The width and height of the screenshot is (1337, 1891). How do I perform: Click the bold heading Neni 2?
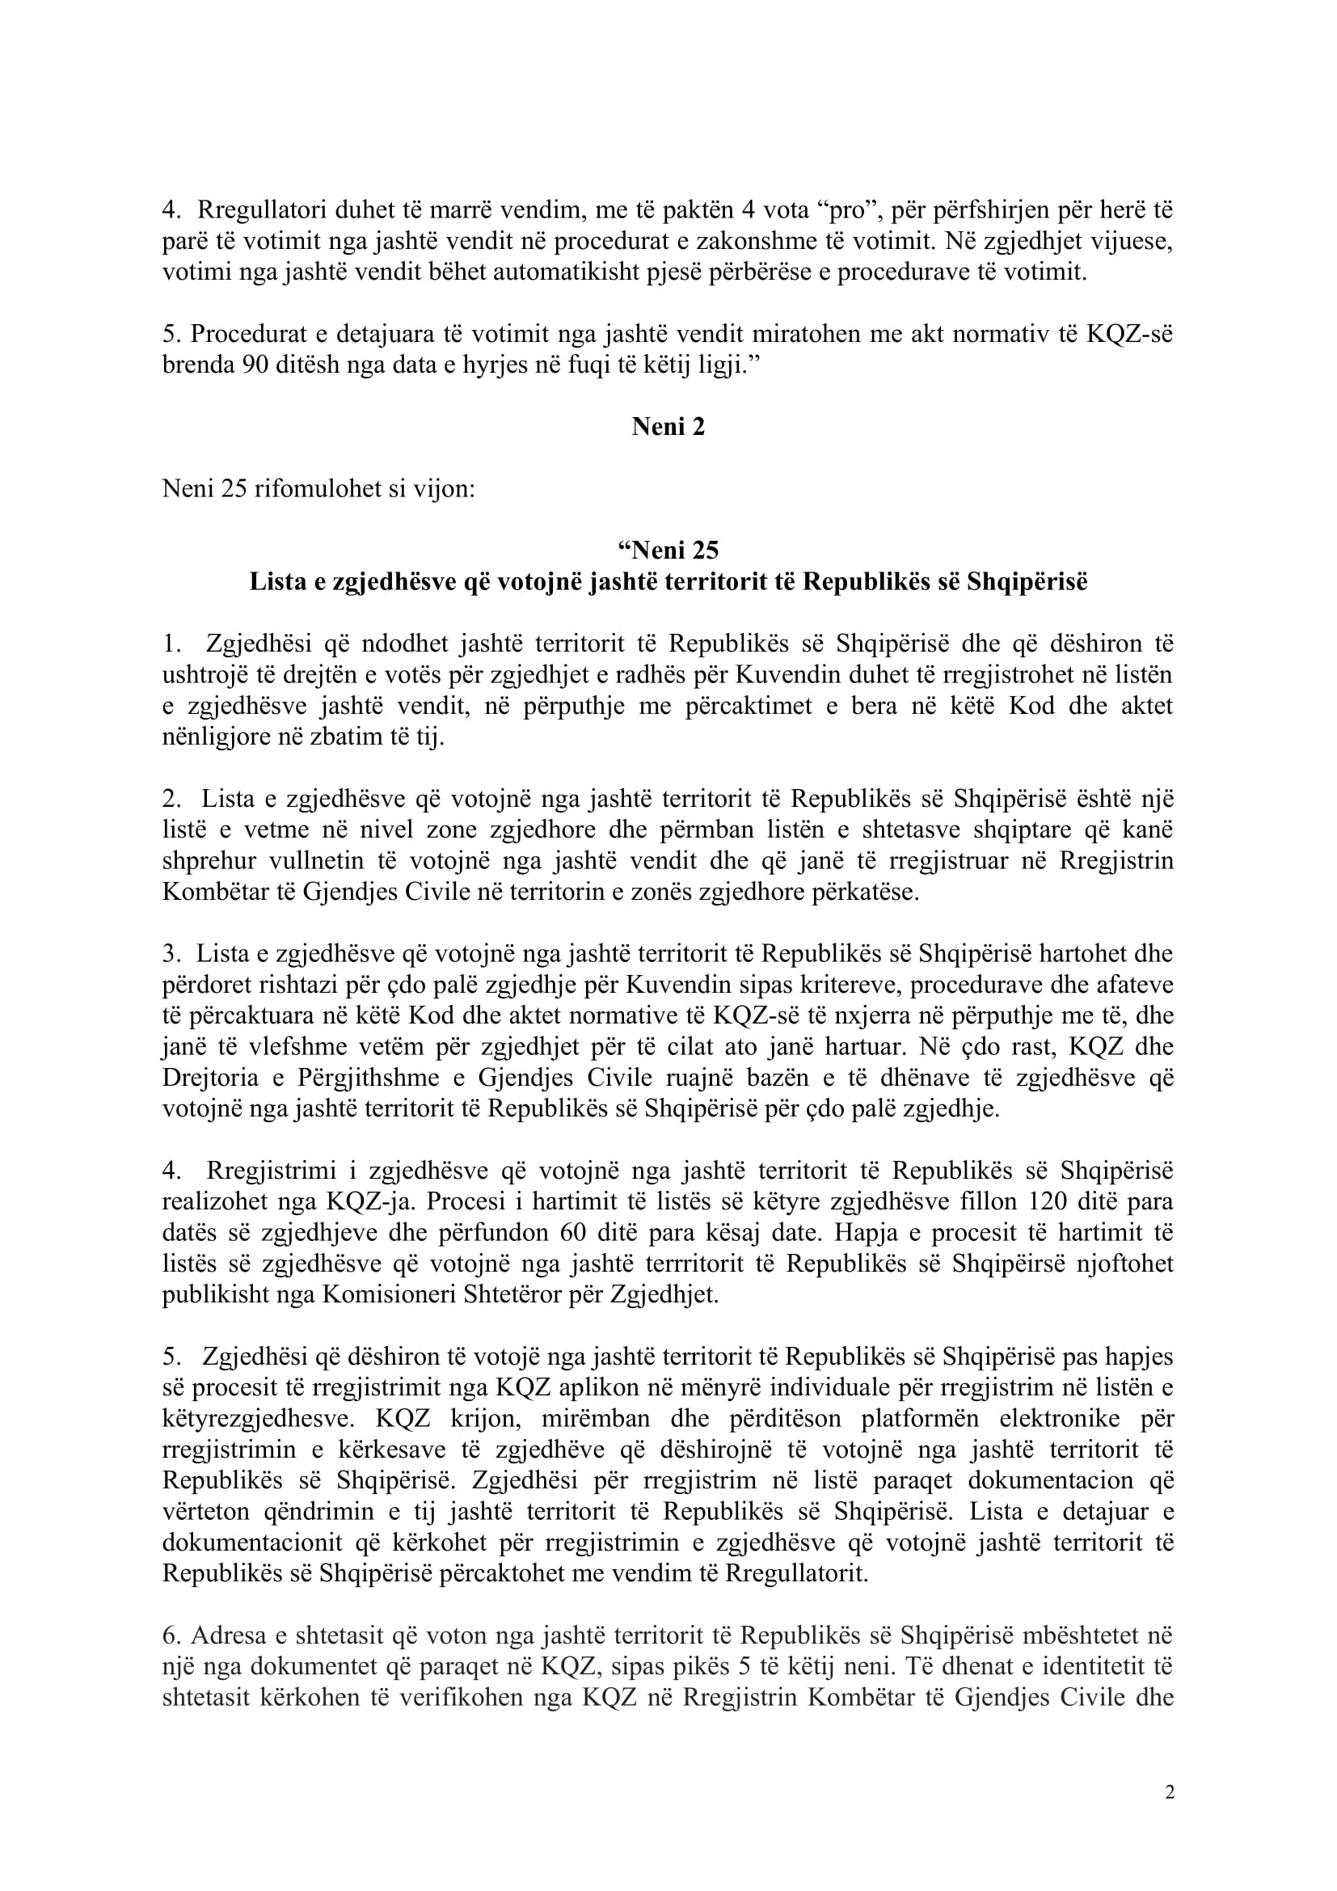point(668,427)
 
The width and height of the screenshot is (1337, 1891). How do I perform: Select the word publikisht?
point(211,1294)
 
